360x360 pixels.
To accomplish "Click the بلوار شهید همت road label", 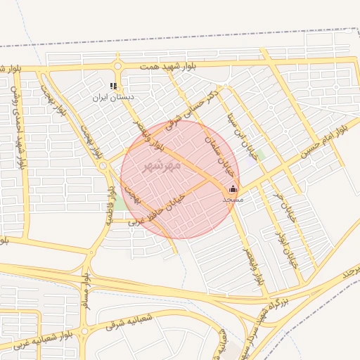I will click(x=167, y=65).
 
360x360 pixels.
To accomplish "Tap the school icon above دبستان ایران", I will click(x=113, y=86).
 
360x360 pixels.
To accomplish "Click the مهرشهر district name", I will click(x=162, y=166).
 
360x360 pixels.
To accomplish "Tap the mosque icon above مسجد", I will click(x=233, y=188).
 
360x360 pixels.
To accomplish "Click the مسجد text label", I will click(x=232, y=200).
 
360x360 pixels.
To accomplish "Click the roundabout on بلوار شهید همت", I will click(x=117, y=67).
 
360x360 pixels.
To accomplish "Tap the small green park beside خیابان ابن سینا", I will click(x=260, y=155).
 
